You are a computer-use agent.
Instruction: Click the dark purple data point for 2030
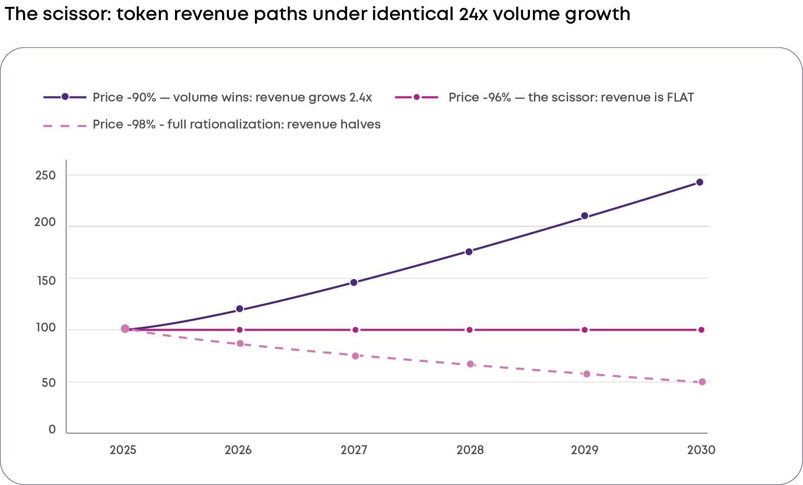[700, 182]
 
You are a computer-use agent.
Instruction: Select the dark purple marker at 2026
[240, 309]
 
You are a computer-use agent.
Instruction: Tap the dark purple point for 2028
[469, 252]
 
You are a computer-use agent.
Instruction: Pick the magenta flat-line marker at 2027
[355, 330]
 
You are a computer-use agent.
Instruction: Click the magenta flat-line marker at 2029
[585, 330]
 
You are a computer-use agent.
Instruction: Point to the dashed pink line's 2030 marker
[703, 382]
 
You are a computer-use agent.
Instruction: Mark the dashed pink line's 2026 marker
[240, 344]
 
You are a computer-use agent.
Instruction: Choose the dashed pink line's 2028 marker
[470, 364]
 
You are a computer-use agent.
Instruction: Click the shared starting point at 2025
[125, 329]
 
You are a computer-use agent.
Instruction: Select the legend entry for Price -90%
[207, 97]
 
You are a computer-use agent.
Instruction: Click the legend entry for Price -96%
[545, 97]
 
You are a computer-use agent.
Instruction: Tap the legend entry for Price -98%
[212, 125]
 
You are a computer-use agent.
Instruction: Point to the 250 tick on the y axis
[46, 176]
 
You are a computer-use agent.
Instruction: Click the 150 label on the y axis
[46, 281]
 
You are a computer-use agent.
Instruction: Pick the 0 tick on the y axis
[52, 429]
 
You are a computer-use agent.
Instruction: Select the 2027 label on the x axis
[354, 450]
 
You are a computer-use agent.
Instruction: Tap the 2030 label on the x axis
[701, 450]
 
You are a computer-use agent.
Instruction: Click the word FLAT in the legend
[680, 97]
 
